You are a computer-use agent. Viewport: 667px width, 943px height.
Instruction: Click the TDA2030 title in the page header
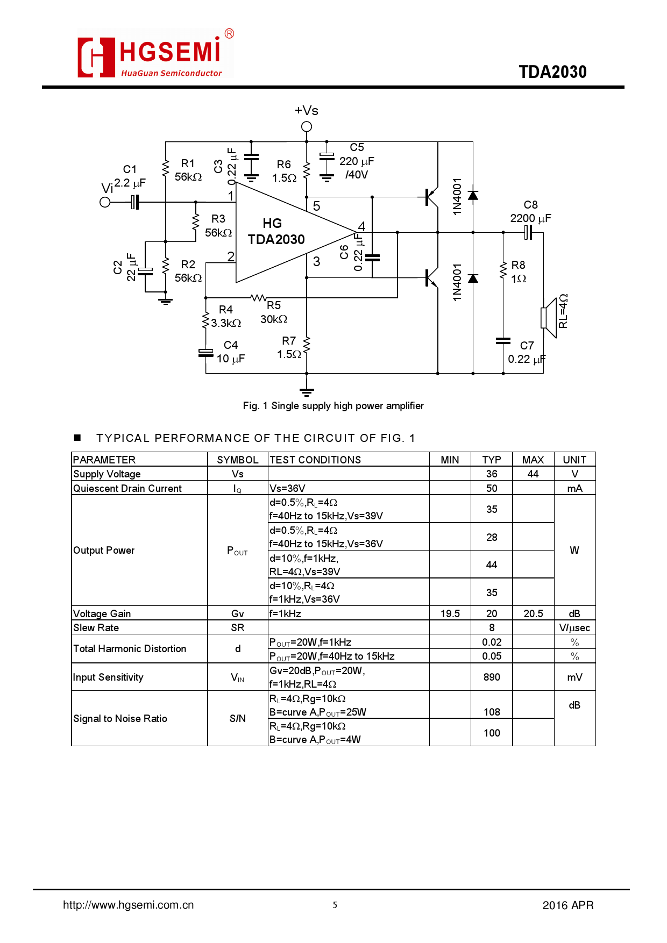552,72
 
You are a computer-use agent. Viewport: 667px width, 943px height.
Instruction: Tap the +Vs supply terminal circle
307,127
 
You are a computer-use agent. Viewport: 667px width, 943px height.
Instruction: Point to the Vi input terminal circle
105,202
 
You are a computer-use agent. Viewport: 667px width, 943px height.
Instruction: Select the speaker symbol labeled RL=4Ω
548,318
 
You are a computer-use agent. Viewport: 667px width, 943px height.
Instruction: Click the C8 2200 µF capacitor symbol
528,233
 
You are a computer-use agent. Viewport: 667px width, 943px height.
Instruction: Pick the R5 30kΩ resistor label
274,312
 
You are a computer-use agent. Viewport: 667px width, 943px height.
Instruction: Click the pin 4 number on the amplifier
361,226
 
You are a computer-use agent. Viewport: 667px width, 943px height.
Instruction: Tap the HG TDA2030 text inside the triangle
275,232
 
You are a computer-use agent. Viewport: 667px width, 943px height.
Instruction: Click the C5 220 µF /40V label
357,161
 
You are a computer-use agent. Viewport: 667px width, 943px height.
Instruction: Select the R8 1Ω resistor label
518,272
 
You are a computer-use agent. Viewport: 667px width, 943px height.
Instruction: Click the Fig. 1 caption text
333,406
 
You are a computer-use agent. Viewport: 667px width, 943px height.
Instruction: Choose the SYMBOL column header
238,460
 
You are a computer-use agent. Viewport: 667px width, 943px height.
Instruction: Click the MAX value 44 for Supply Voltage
533,474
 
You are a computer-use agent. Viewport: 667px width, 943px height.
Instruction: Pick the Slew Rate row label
96,627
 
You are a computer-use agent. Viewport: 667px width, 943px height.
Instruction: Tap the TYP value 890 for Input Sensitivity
492,677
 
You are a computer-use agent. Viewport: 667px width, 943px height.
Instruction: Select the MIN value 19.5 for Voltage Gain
450,613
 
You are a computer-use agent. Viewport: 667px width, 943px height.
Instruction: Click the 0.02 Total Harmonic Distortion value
492,642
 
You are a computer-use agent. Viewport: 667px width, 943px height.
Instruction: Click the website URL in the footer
129,905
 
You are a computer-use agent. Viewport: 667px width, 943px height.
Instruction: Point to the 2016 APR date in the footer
567,905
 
